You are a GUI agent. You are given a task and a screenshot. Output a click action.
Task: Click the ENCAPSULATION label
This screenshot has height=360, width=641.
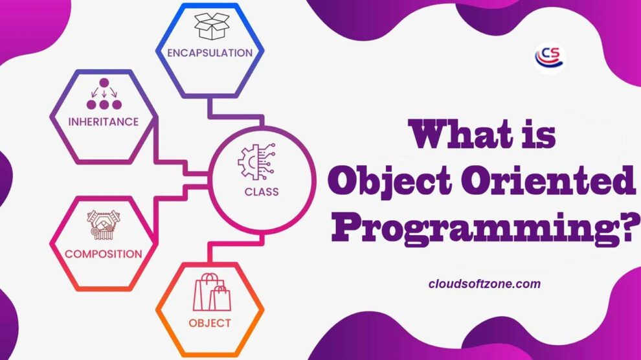(209, 53)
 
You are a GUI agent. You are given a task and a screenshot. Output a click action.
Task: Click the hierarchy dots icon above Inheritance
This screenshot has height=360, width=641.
(104, 94)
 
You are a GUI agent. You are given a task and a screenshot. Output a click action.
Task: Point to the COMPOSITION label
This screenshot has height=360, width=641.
(103, 254)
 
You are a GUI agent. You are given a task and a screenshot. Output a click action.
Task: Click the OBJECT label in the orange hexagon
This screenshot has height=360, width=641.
(210, 322)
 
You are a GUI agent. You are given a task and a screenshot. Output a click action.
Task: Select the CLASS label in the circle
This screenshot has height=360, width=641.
(262, 192)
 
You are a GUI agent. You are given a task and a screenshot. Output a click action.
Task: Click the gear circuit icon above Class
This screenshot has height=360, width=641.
(258, 162)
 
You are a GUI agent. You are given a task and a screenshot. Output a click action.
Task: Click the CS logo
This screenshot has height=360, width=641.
(549, 56)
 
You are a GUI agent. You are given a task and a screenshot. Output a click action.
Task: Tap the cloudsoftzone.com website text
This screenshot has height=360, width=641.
(484, 284)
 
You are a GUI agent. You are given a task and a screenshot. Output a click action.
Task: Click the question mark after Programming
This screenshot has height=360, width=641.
(627, 223)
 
